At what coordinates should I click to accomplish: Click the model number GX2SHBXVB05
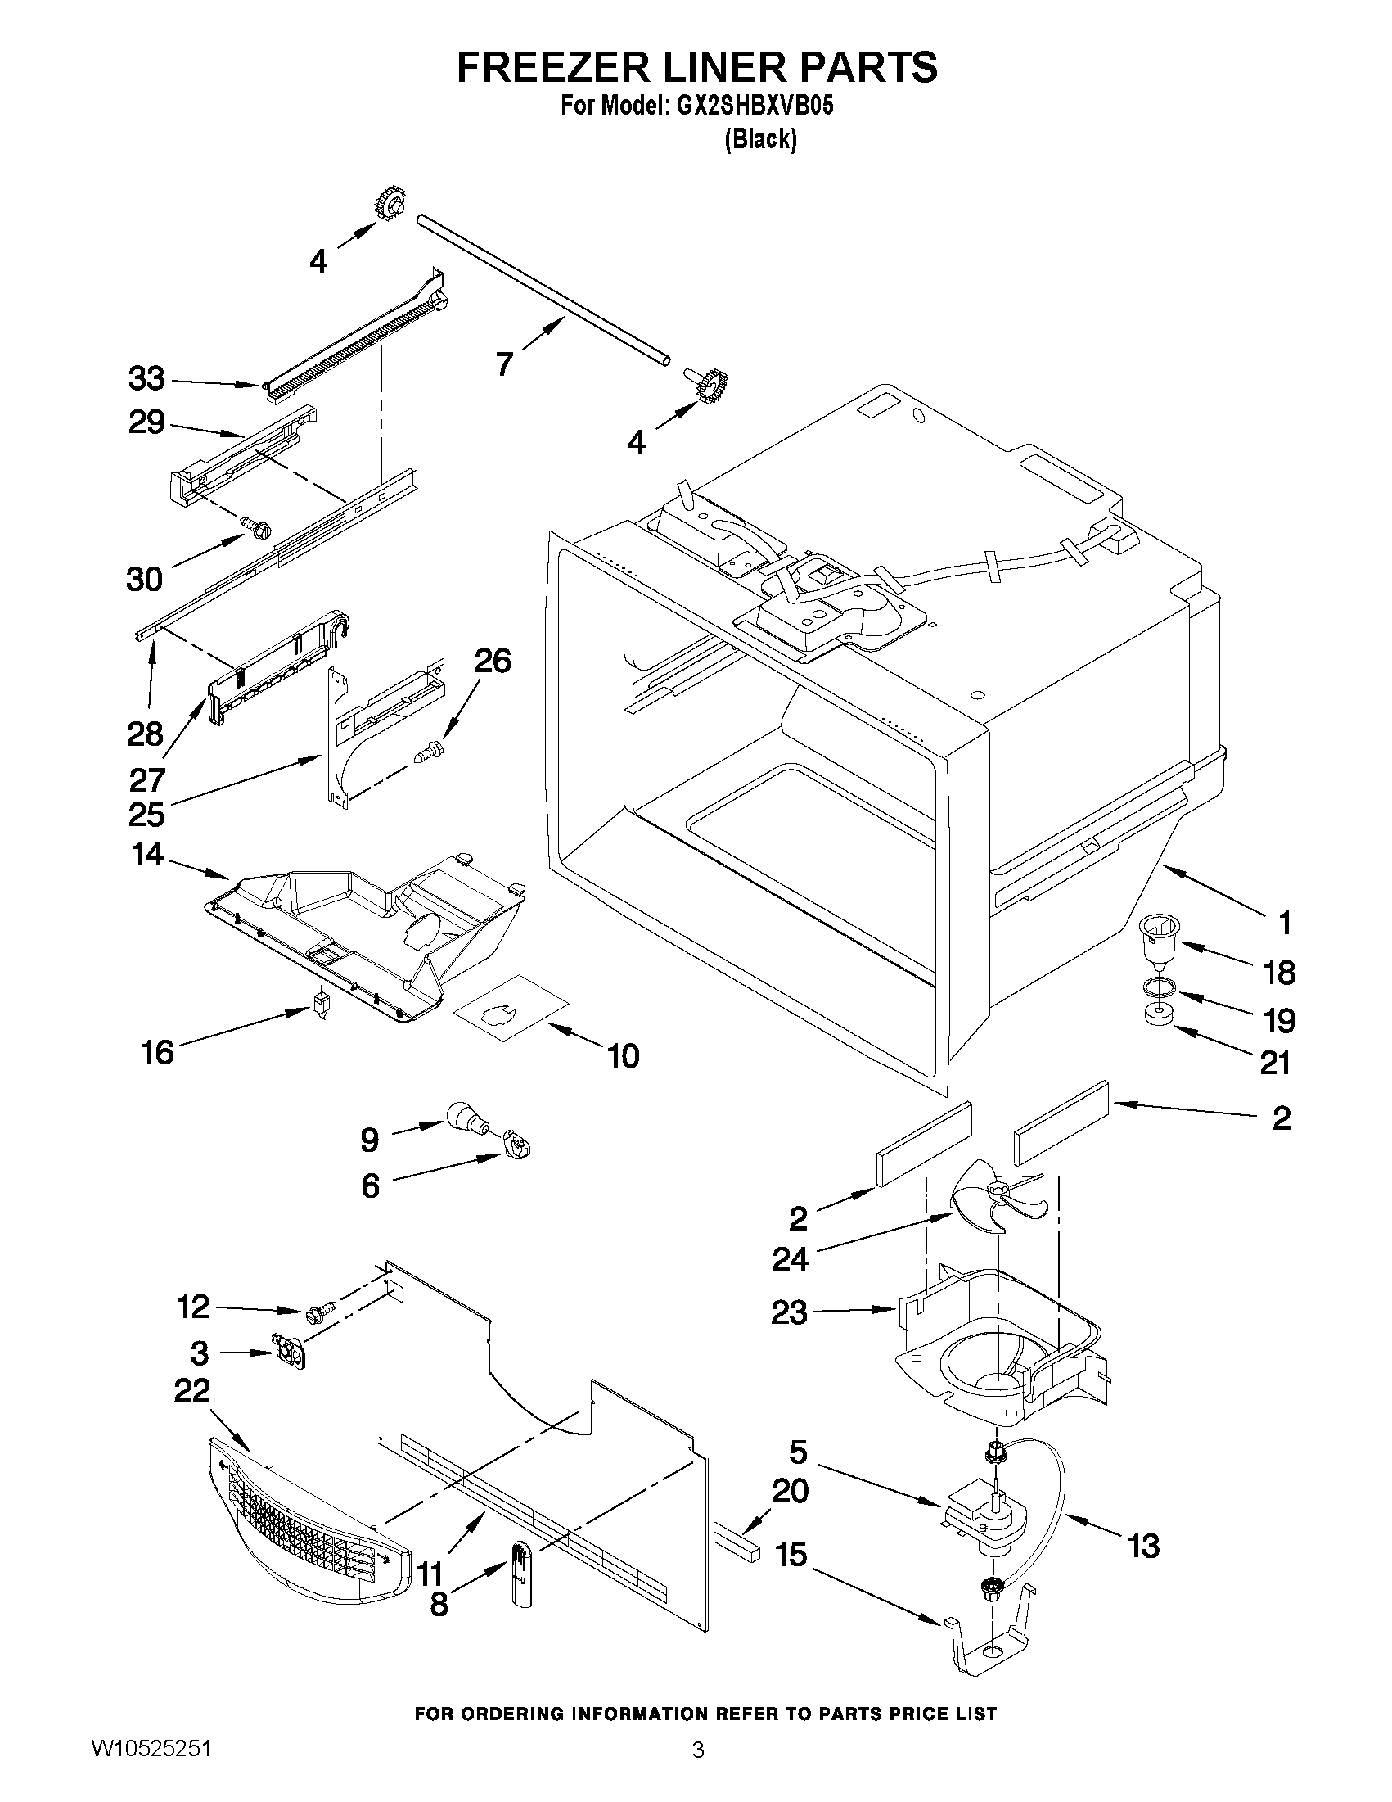(764, 107)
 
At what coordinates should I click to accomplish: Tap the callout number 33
(146, 379)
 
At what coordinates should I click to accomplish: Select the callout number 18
(1279, 973)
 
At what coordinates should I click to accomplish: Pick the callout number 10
(624, 1055)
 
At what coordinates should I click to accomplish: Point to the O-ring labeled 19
(1159, 987)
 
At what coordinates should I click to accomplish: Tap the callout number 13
(1144, 1545)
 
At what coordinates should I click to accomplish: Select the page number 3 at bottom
(698, 1770)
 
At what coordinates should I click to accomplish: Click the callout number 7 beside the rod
(504, 363)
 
